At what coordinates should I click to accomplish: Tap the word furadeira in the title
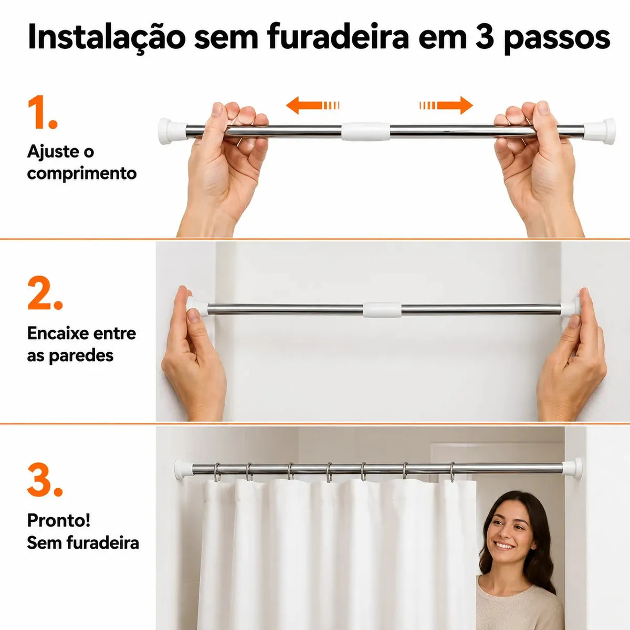(x=338, y=36)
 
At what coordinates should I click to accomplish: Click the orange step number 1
(x=43, y=112)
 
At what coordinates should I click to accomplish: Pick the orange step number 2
(x=45, y=293)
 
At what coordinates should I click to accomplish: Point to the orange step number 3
(x=45, y=479)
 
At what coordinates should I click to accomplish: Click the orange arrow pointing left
(x=313, y=106)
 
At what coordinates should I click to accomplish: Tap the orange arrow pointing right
(x=446, y=106)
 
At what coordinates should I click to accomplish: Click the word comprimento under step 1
(x=82, y=173)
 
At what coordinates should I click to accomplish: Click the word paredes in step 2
(x=81, y=356)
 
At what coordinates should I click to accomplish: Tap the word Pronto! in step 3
(x=59, y=520)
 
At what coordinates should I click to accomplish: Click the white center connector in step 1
(x=366, y=131)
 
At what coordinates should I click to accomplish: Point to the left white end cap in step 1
(x=172, y=131)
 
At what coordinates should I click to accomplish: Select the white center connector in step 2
(x=382, y=310)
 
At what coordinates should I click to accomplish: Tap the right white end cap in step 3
(x=572, y=468)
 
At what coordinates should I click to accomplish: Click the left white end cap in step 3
(x=183, y=469)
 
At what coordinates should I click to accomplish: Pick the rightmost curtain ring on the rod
(x=453, y=472)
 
